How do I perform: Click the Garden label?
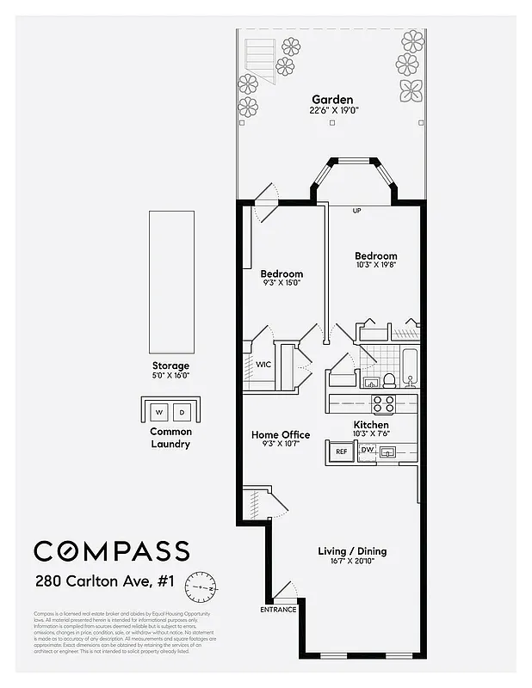tap(332, 100)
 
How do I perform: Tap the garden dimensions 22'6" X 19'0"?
tap(332, 111)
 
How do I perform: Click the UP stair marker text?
tap(357, 210)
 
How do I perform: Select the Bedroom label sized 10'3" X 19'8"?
tap(376, 256)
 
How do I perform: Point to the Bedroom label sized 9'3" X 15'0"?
tap(281, 274)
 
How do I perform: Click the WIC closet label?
tap(263, 365)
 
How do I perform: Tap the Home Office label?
tap(281, 435)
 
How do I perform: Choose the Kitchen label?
tap(371, 425)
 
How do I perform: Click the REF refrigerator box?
tap(341, 451)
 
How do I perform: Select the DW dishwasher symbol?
tap(367, 450)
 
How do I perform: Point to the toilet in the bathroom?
tap(389, 379)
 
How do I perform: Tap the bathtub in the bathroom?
tap(411, 365)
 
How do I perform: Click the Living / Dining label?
tap(352, 551)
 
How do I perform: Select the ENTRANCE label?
tap(278, 610)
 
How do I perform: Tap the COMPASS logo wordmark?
tap(112, 550)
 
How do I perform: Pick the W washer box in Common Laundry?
tap(158, 410)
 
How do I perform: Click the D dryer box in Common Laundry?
tap(182, 410)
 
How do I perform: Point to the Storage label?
tap(170, 365)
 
